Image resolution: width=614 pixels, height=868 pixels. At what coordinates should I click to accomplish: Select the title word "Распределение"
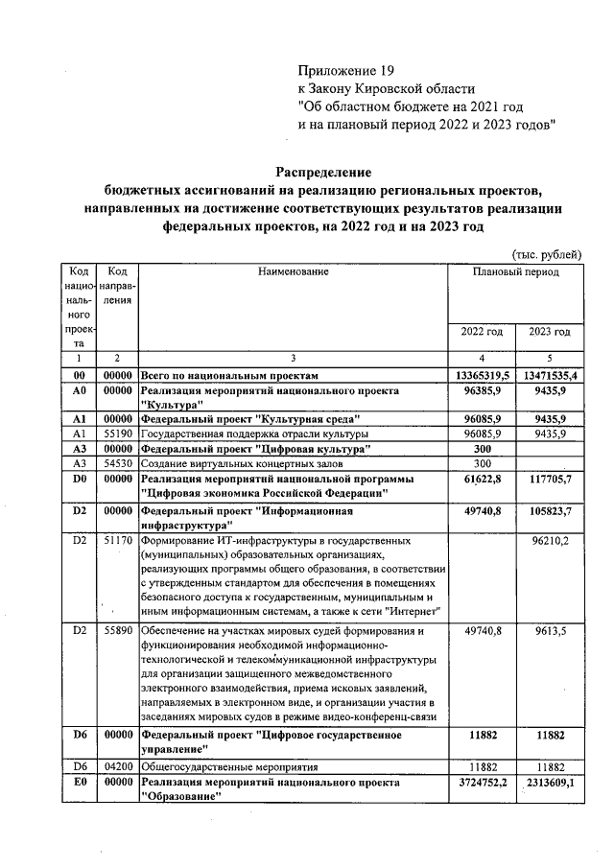(324, 172)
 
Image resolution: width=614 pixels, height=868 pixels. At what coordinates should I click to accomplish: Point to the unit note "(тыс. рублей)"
(547, 253)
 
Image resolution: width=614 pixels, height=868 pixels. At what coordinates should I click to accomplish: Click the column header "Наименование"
(293, 272)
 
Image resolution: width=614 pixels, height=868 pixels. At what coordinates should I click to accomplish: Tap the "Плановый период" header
(515, 272)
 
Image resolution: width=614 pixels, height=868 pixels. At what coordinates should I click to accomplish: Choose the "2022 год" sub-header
(482, 332)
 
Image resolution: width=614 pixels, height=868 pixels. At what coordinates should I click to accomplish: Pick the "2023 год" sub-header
(550, 332)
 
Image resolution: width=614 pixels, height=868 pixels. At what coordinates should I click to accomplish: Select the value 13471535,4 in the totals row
(550, 375)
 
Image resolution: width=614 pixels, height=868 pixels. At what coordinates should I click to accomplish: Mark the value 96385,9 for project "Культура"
(484, 391)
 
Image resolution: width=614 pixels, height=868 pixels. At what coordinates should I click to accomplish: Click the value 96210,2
(550, 541)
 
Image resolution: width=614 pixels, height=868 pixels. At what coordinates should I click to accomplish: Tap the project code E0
(80, 783)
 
